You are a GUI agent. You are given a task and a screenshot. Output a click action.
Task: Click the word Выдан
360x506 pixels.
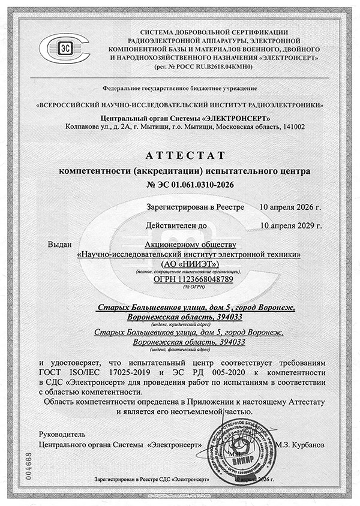(x=59, y=245)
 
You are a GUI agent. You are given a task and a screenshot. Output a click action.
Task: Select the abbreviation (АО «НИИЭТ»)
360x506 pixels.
(x=191, y=264)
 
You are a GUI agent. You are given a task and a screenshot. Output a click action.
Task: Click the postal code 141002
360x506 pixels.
(x=291, y=127)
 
